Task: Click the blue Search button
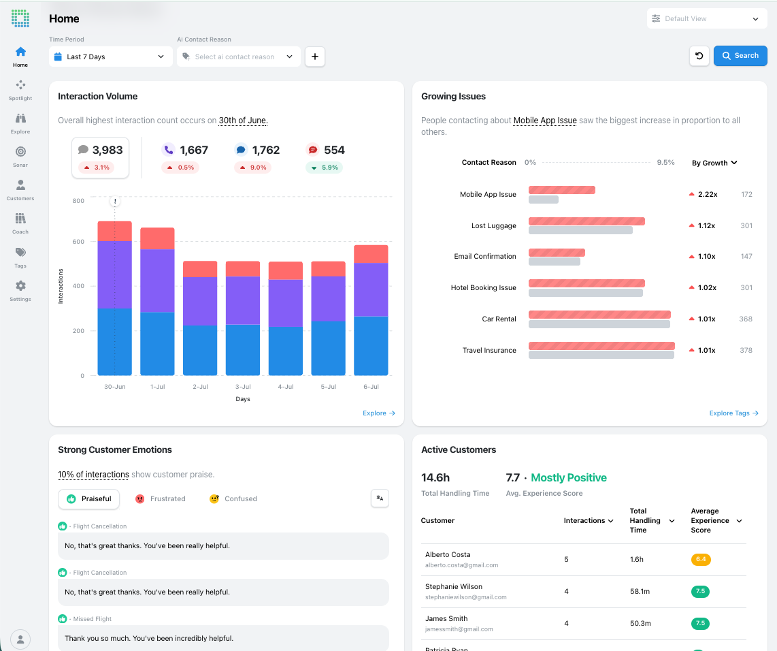(x=740, y=56)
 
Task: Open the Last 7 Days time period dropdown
(x=110, y=57)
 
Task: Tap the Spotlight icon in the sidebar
(x=20, y=85)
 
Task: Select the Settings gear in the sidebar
(x=20, y=285)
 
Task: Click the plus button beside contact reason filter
(x=314, y=57)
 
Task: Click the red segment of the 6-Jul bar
(x=371, y=254)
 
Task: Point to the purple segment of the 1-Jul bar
(x=157, y=281)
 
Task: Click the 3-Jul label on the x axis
(x=243, y=387)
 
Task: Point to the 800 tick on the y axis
(x=78, y=201)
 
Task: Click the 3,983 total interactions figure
(x=108, y=150)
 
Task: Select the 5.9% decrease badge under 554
(x=324, y=168)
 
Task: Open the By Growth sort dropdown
(x=714, y=163)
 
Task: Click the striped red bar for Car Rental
(x=599, y=315)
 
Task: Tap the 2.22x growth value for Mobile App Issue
(x=708, y=194)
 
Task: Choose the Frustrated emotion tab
(x=160, y=498)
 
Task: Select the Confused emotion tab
(x=233, y=498)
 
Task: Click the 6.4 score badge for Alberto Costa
(x=701, y=559)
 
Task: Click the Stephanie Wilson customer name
(x=453, y=586)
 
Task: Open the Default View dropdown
(x=707, y=19)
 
